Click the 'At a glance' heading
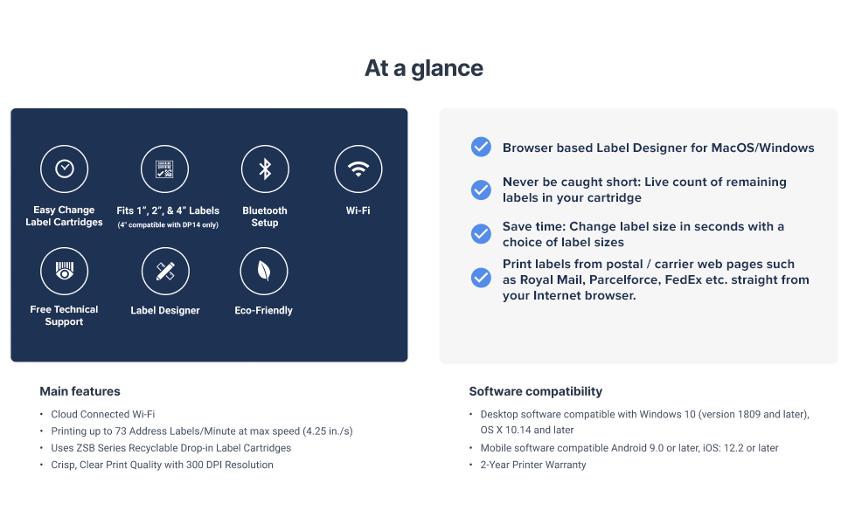[423, 69]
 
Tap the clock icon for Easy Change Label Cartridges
[65, 169]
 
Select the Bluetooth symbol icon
[265, 169]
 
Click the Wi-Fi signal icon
[358, 169]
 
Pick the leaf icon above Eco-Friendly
[264, 272]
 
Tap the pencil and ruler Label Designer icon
[165, 272]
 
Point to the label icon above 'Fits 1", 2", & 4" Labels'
[164, 169]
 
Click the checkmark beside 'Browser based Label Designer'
[481, 147]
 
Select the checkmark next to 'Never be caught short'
[481, 190]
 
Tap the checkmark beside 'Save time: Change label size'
[481, 234]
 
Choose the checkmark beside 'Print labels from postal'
[481, 278]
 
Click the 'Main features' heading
[80, 391]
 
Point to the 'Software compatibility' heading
[535, 391]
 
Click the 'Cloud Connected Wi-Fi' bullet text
[103, 414]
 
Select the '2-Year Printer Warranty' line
[533, 465]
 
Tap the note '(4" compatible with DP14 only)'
[168, 224]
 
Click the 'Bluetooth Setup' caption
[265, 217]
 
